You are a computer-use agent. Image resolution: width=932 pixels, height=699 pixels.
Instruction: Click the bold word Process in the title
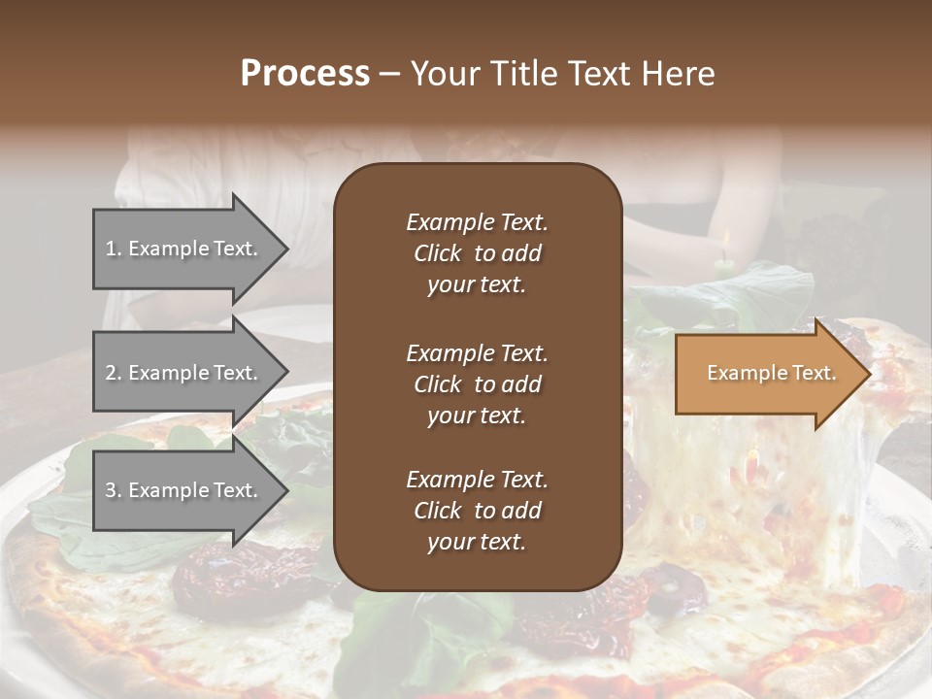click(305, 74)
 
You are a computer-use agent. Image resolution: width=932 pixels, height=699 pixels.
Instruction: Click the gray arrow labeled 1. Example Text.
click(184, 249)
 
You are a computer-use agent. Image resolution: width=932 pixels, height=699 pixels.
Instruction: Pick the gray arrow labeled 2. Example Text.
click(184, 373)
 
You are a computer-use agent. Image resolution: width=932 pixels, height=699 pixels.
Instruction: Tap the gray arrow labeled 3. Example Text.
click(184, 490)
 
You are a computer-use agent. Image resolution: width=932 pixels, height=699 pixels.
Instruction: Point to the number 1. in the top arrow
click(114, 249)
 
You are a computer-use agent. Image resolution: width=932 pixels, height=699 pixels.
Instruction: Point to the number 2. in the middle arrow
click(114, 373)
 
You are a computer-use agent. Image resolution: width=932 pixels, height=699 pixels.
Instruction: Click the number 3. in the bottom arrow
click(114, 490)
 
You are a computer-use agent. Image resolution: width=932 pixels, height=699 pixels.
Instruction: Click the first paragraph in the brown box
click(477, 253)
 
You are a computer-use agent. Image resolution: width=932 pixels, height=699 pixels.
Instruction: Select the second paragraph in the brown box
click(477, 384)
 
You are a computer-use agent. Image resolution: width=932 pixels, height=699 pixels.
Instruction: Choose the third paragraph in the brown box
click(477, 511)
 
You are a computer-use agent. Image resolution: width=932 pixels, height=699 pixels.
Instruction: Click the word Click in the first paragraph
click(438, 253)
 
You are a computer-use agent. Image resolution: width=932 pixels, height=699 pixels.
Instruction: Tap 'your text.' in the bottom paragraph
click(477, 542)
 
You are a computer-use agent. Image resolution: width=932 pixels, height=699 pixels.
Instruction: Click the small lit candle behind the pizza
click(721, 256)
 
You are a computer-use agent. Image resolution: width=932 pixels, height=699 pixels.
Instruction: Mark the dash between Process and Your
click(390, 75)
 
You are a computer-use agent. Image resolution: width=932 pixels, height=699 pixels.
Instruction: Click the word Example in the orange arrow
click(741, 373)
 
